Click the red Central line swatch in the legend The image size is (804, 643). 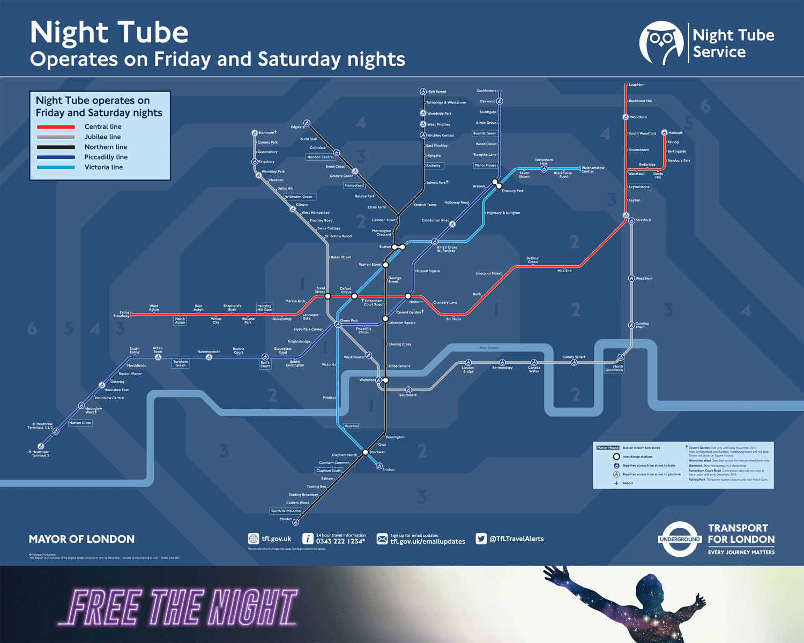coord(56,127)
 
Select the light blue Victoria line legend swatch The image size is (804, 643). coord(56,167)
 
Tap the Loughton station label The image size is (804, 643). coord(637,85)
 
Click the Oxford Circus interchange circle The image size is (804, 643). coord(354,296)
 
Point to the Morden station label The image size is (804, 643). coord(286,519)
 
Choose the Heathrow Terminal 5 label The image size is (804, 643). coord(40,454)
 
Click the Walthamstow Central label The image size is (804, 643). coord(592,169)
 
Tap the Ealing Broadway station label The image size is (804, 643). coord(122,314)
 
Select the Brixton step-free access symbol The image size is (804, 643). coord(379,466)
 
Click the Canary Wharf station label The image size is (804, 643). coord(574,357)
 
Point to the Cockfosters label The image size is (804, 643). coord(486,91)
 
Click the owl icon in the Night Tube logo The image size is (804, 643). coord(661,43)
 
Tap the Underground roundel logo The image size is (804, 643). coord(679,539)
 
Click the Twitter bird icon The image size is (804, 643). coord(481,539)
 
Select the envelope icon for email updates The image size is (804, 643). coord(382,539)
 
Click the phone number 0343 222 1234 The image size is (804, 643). coord(340,542)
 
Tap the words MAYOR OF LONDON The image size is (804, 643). coord(81,539)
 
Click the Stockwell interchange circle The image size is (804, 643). coord(366,452)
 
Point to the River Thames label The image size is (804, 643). coord(489,348)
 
